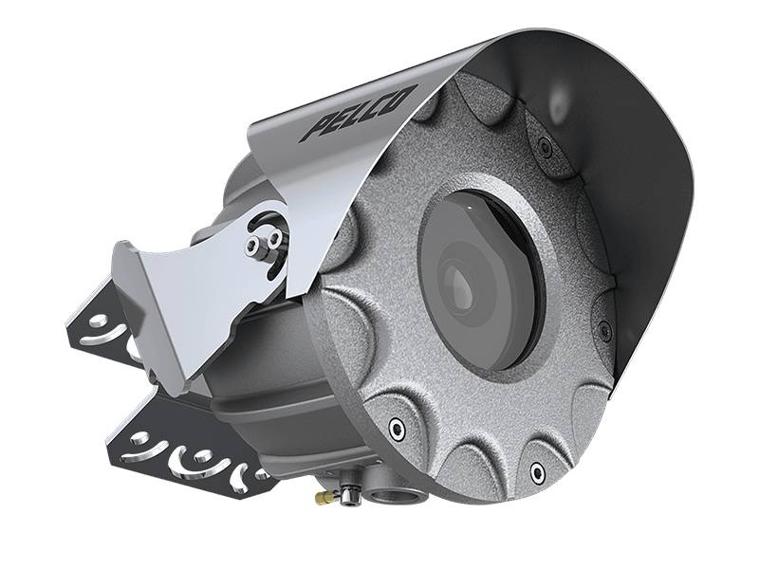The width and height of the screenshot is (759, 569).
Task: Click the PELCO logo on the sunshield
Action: coord(359,114)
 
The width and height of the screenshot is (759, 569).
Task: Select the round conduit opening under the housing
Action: coord(385,497)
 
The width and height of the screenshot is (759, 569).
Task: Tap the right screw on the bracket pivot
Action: coord(274,237)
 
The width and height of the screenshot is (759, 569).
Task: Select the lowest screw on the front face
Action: coord(536,471)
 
